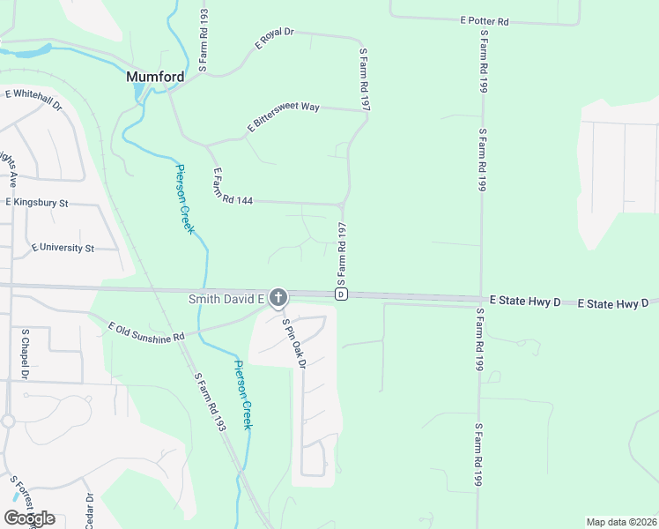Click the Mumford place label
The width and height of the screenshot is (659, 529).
pyautogui.click(x=155, y=77)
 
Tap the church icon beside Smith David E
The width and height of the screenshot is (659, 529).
pyautogui.click(x=278, y=299)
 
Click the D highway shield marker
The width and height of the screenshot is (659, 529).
pyautogui.click(x=341, y=294)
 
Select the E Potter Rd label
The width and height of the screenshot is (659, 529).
pyautogui.click(x=485, y=20)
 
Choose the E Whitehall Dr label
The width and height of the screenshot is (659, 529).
pyautogui.click(x=33, y=99)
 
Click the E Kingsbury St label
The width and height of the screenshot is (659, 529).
pyautogui.click(x=37, y=202)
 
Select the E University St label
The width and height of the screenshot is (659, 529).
pyautogui.click(x=62, y=249)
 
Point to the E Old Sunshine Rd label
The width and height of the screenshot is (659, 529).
pyautogui.click(x=146, y=332)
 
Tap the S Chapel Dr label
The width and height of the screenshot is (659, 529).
pyautogui.click(x=26, y=356)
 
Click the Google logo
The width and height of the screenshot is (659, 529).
pyautogui.click(x=29, y=518)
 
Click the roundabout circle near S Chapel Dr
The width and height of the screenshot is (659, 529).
pyautogui.click(x=8, y=421)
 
